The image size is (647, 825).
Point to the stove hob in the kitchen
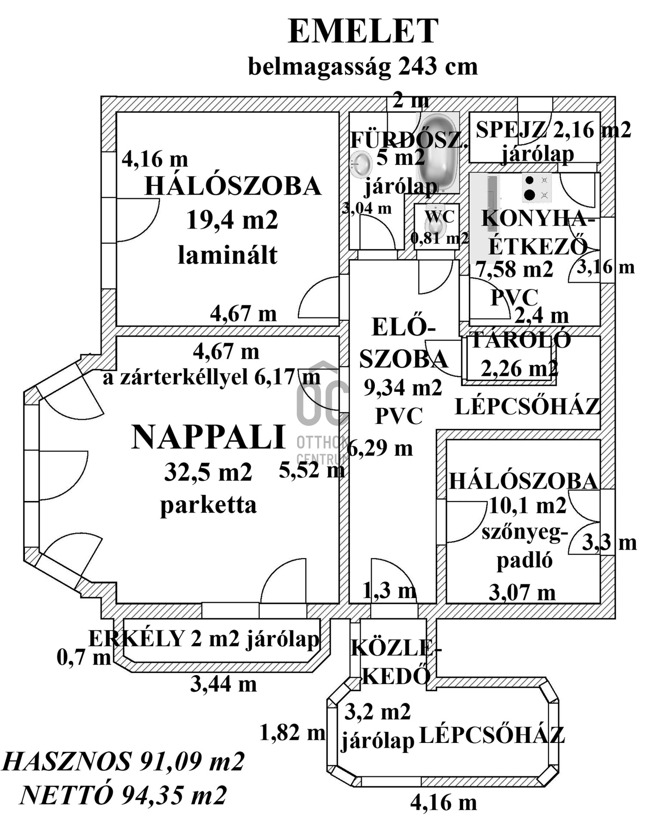537,188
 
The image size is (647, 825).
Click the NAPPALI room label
209,437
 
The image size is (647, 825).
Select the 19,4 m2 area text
232,220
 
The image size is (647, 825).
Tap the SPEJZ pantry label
511,129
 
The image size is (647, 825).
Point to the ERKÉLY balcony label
137,639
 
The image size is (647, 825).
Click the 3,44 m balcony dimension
223,684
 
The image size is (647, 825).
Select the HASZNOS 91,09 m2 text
124,762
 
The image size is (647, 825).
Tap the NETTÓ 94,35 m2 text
123,796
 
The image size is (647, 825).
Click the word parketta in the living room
209,505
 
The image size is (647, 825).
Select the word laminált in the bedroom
228,255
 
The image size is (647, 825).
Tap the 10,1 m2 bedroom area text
528,506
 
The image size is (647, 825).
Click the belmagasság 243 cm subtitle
363,67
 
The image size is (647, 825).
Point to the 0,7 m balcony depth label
84,657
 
